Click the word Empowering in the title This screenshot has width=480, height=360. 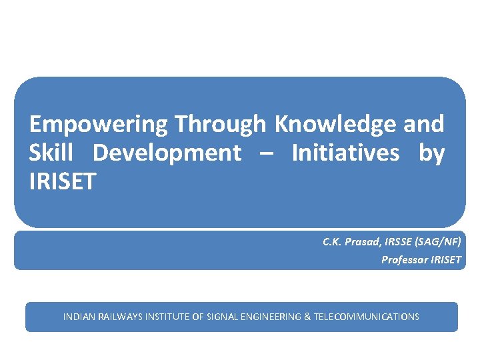[x=99, y=125]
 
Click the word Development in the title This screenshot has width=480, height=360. [x=167, y=153]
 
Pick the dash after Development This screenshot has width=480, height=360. [x=266, y=154]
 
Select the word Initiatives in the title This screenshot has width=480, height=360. [x=345, y=153]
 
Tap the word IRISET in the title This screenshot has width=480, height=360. [x=63, y=181]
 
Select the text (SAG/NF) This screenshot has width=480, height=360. [x=438, y=242]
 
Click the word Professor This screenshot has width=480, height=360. [x=405, y=260]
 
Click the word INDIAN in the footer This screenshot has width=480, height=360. [x=79, y=317]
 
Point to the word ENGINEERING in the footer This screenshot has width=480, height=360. [x=271, y=317]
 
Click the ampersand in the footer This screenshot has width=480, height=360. [x=307, y=317]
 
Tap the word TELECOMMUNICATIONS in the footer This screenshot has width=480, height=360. [x=366, y=317]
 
